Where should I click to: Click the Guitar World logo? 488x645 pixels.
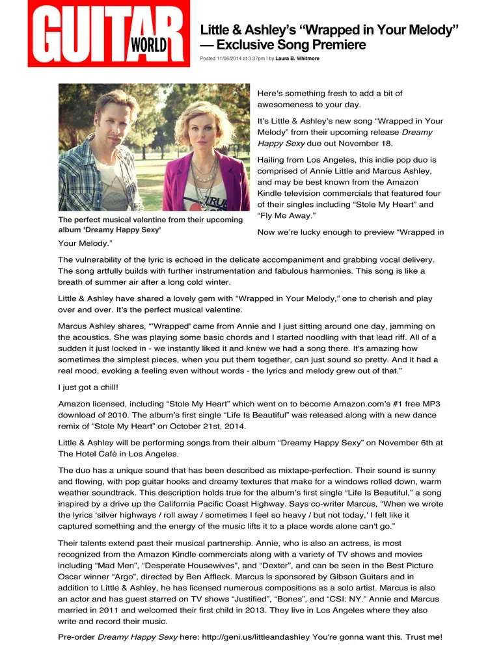click(x=108, y=34)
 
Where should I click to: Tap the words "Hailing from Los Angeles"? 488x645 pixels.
click(x=307, y=159)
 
